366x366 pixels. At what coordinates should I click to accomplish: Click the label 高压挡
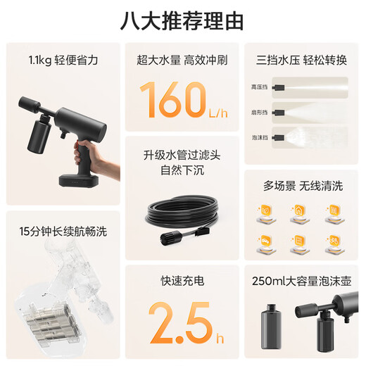258,87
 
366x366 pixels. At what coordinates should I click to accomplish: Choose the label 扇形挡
258,113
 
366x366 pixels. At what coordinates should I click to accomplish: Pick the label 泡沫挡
258,138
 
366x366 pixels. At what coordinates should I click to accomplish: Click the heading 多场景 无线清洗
302,187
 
